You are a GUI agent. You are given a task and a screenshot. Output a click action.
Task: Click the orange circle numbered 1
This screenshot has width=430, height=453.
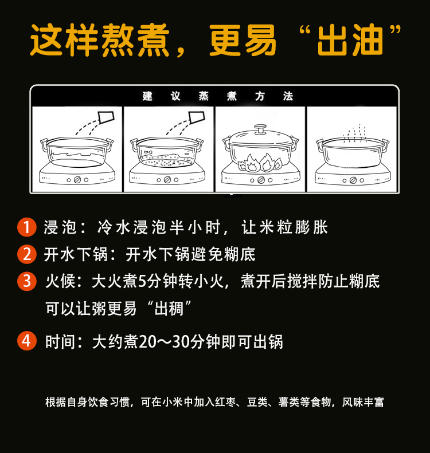point(27,227)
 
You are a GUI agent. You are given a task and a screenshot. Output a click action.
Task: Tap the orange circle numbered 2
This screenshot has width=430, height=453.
point(27,254)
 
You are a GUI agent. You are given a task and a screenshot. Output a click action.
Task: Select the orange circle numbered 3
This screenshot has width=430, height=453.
point(27,281)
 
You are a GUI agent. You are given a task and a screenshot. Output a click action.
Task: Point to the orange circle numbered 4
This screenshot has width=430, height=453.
point(27,341)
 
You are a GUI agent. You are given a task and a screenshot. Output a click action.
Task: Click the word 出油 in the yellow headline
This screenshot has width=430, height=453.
point(350,40)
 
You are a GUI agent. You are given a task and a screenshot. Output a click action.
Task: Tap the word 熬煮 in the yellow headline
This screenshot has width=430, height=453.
point(135,40)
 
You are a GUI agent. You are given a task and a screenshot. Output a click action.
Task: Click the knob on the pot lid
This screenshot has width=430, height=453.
point(260,128)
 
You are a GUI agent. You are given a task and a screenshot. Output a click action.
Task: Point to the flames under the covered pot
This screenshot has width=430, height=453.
point(260,163)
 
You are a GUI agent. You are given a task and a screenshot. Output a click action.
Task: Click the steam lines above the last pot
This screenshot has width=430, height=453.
point(354,133)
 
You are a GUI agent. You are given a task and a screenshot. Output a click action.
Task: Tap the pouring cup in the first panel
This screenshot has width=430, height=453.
point(106,117)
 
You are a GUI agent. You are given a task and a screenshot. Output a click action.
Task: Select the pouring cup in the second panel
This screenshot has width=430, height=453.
point(197,117)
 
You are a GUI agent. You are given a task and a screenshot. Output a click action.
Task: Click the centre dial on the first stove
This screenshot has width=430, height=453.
point(77,180)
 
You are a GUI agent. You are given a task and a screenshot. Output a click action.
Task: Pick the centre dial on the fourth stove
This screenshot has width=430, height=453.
point(353,180)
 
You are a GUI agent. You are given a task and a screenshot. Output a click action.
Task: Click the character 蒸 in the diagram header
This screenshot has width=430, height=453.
point(204,96)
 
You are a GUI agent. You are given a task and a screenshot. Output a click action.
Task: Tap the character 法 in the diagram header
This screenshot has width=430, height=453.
point(288,96)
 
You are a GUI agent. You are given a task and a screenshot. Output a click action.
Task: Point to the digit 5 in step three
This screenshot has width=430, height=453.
point(142,281)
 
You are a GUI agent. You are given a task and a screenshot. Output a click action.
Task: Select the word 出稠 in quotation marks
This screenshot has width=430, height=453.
point(169,308)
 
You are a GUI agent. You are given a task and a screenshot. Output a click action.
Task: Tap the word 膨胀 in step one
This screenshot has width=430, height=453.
point(311,227)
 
